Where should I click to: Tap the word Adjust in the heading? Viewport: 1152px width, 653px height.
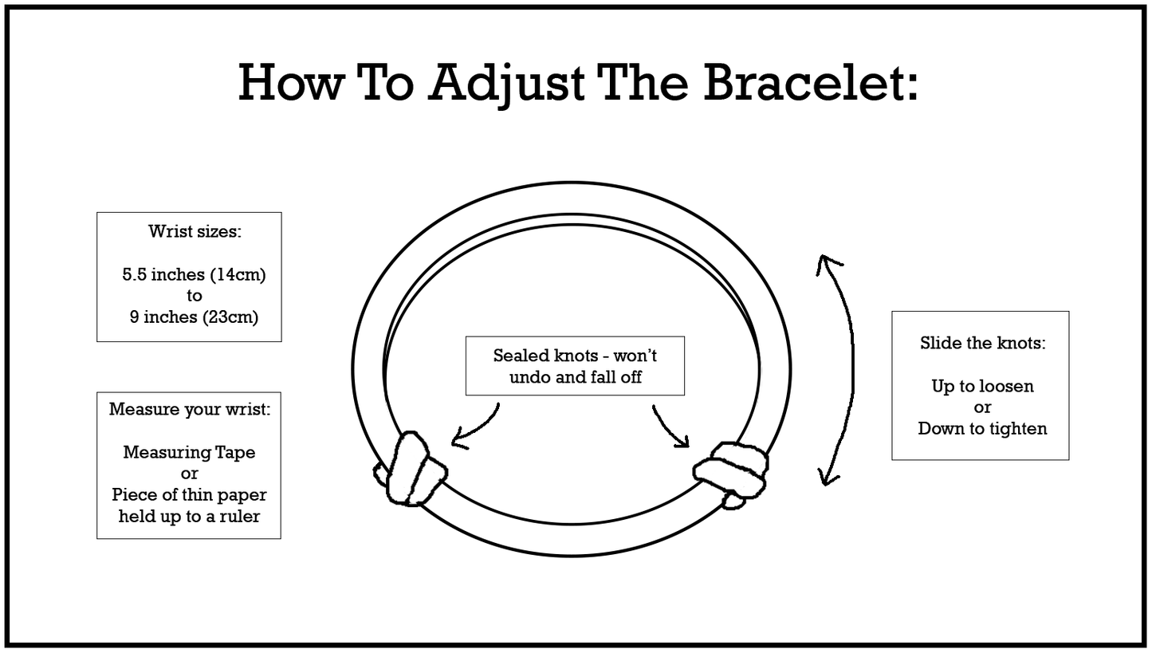(505, 81)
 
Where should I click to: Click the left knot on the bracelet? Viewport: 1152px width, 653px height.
(411, 470)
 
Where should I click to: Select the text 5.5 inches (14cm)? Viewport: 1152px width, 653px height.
(194, 275)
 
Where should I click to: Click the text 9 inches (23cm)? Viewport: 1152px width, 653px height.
(194, 317)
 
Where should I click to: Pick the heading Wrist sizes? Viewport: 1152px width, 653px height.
(195, 232)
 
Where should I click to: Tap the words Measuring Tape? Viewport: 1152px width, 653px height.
(189, 452)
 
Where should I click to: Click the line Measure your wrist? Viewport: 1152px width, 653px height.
(190, 410)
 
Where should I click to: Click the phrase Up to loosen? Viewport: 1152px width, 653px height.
(982, 387)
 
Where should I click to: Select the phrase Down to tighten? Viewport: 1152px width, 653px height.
(982, 428)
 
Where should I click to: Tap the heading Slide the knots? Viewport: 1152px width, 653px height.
(982, 344)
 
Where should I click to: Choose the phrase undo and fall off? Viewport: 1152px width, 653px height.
(576, 377)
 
